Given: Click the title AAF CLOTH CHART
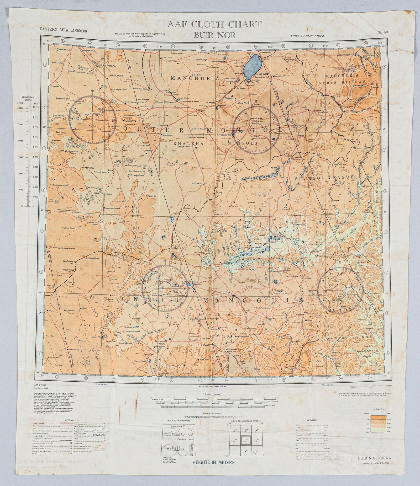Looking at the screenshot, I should point(214,24).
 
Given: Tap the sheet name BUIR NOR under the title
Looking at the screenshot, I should point(214,35).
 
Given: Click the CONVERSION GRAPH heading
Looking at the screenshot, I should point(28,98).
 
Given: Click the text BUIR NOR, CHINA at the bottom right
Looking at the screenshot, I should point(374,458).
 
